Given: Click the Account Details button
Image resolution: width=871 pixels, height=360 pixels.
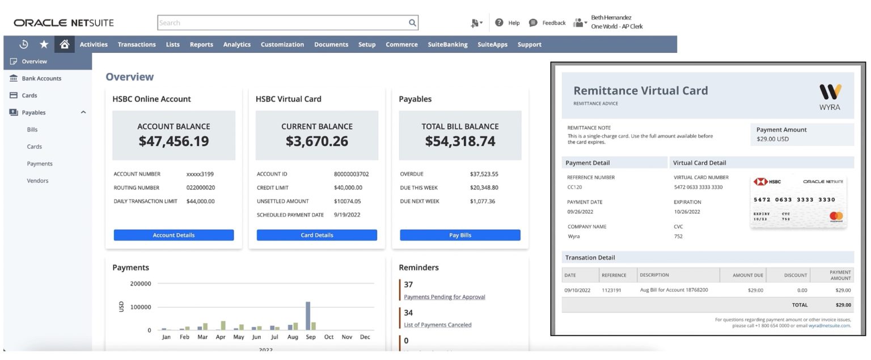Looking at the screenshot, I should (x=174, y=235).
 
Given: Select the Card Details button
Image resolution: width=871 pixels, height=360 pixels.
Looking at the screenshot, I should (x=316, y=235).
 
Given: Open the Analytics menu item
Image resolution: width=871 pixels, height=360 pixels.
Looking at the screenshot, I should (x=236, y=45).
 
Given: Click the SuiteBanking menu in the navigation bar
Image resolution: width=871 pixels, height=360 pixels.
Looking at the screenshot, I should (x=447, y=45).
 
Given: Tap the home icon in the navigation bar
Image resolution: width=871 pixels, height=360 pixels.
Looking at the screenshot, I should (x=65, y=44).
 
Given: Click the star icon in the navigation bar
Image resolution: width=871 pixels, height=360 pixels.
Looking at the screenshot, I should (x=44, y=44).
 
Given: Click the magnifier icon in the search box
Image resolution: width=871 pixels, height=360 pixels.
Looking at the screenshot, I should (x=412, y=23).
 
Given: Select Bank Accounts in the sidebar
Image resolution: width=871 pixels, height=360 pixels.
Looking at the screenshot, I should (x=41, y=79).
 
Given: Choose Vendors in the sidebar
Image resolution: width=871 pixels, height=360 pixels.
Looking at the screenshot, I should (x=37, y=181).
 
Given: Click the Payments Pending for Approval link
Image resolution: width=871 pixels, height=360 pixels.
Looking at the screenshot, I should (x=444, y=297).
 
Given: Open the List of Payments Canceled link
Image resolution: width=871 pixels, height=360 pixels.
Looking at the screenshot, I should (x=437, y=325).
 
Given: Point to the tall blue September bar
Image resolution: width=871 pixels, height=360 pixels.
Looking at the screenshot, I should (x=308, y=316).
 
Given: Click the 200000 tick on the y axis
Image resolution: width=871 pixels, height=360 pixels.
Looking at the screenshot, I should (x=141, y=284).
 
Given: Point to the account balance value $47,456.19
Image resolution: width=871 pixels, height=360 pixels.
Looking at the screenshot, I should (x=174, y=141).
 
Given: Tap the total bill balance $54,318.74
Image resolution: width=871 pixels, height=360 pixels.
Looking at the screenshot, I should (x=460, y=141).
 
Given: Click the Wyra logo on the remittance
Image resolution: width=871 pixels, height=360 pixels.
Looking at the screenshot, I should (x=830, y=96).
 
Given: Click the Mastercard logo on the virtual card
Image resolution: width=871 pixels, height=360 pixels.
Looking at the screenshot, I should (x=836, y=216).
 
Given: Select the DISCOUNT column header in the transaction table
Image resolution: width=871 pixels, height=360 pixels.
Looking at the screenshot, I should (x=795, y=276).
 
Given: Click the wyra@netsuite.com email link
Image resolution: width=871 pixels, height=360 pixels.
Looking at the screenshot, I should (x=830, y=326).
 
